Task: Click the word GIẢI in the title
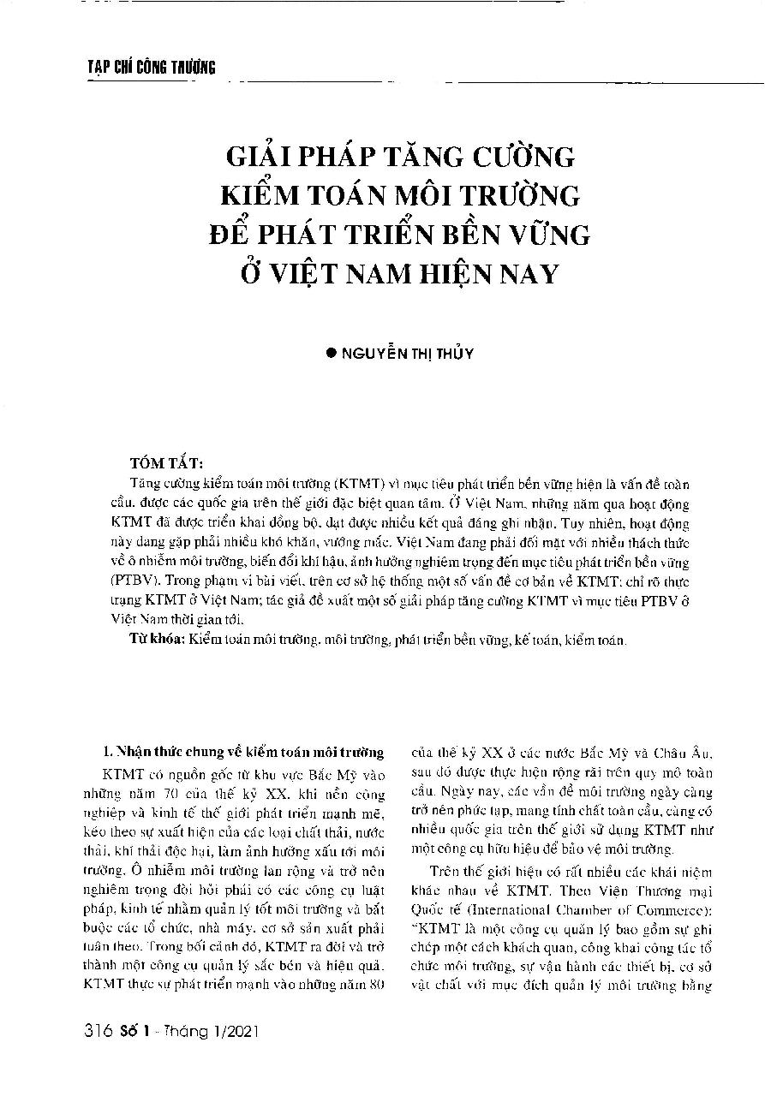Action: click(260, 158)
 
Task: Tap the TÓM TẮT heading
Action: click(169, 464)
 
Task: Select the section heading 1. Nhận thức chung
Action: click(237, 754)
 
